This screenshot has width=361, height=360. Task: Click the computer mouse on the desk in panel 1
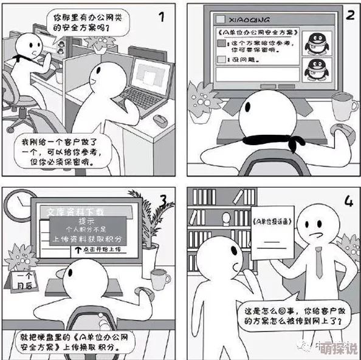tap(160, 120)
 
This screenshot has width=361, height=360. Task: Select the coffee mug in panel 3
tap(160, 279)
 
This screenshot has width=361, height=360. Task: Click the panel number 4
tap(348, 201)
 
